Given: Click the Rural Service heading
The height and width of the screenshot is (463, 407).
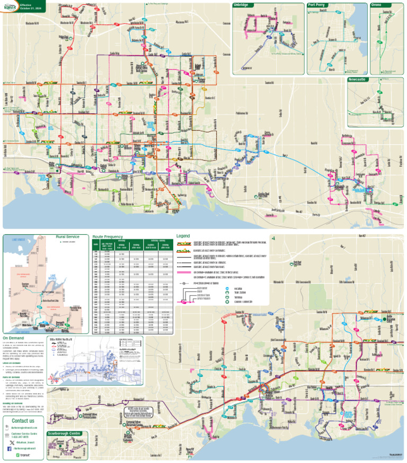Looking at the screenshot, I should pyautogui.click(x=67, y=237).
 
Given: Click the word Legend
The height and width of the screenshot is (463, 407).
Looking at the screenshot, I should pyautogui.click(x=183, y=235).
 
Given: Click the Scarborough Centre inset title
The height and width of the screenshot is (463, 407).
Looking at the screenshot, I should pyautogui.click(x=64, y=433).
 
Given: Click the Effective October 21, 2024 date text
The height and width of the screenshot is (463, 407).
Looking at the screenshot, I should pyautogui.click(x=27, y=8).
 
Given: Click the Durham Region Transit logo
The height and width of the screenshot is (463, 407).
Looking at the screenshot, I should pyautogui.click(x=9, y=5).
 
